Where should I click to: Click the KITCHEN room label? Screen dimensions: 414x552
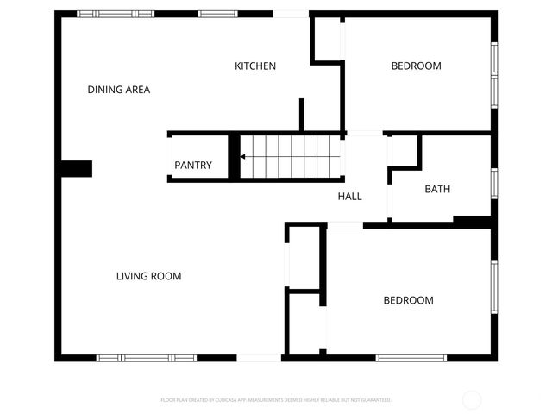255,66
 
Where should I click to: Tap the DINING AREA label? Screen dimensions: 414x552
119,89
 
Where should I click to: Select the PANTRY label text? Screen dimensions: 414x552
193,165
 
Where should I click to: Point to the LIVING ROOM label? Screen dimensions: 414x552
148,276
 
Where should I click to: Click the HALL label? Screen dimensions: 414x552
349,196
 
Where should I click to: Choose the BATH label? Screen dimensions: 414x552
437,189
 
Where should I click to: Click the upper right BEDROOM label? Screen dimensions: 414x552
416,66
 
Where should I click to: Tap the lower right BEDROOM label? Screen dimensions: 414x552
408,300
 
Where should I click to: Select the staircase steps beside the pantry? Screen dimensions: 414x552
289,157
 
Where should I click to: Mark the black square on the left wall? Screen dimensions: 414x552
76,168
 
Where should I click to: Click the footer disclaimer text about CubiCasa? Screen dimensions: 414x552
276,400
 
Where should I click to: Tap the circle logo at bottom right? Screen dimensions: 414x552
472,400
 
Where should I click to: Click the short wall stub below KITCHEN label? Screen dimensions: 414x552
301,114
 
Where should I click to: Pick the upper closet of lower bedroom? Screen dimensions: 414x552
304,257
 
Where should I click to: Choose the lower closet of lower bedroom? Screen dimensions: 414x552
304,323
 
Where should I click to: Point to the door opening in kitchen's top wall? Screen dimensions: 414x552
292,14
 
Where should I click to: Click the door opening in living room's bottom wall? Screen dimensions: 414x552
259,358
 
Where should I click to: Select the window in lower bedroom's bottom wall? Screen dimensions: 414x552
411,358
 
